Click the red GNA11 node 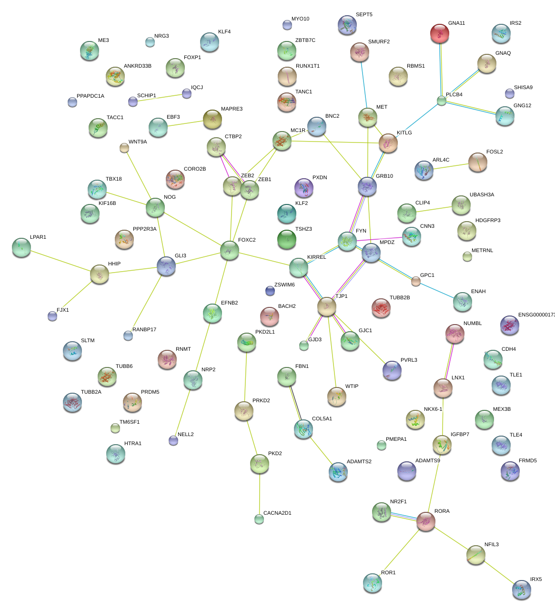[439, 33]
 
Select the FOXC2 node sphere [229, 250]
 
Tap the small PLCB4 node [442, 101]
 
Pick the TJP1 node [327, 306]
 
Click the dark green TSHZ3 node [286, 240]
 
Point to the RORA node [425, 521]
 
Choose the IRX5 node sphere [521, 590]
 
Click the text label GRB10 [384, 176]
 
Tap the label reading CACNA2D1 [277, 513]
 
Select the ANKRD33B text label [138, 66]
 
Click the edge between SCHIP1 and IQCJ [160, 98]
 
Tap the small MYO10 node [287, 25]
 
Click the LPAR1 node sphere [21, 247]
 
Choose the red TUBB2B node [381, 308]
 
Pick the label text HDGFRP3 [488, 221]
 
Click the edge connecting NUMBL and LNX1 [449, 361]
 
